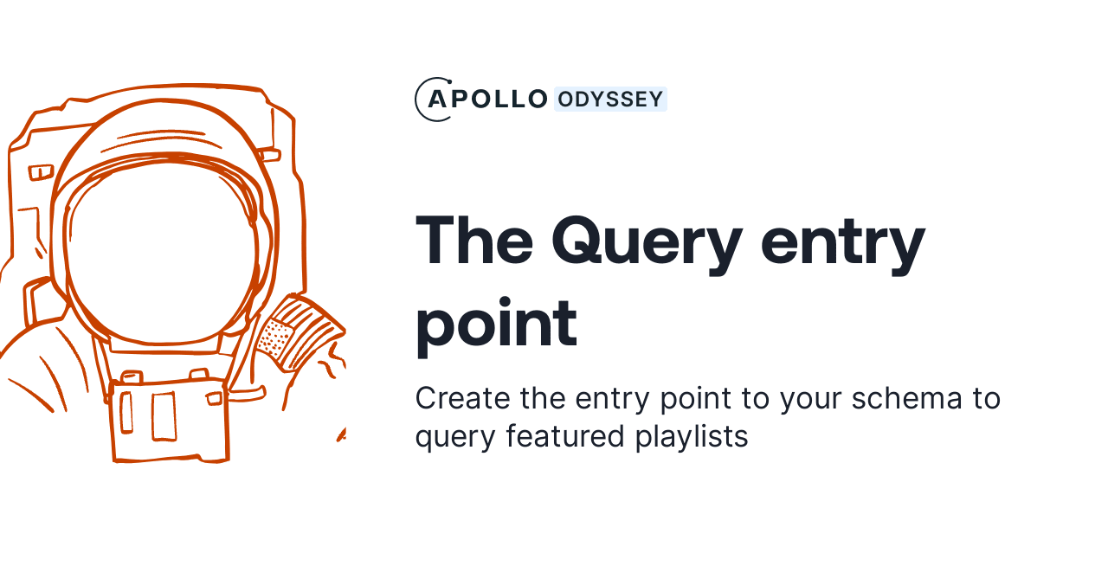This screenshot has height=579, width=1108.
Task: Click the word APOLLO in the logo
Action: click(x=487, y=100)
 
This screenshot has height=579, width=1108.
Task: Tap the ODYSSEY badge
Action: click(x=610, y=100)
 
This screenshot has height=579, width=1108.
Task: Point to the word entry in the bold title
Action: click(x=842, y=240)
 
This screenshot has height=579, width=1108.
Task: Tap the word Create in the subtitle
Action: click(x=463, y=399)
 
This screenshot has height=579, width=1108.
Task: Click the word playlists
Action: click(x=692, y=436)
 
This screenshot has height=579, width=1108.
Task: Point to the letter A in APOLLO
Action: click(x=438, y=100)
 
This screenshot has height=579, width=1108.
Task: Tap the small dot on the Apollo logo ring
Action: click(x=447, y=80)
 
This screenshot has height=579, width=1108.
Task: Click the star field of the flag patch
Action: click(x=275, y=338)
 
